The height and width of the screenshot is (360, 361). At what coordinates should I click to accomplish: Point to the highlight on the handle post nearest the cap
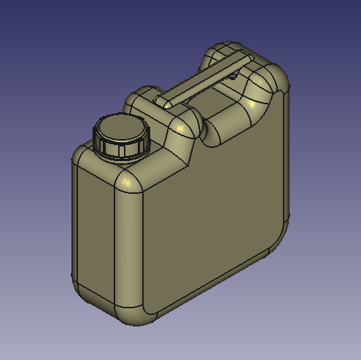(x=179, y=128)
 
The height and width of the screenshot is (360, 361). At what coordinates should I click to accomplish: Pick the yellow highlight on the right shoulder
(x=252, y=105)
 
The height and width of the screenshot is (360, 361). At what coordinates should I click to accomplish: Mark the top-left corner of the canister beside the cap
(x=80, y=157)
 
